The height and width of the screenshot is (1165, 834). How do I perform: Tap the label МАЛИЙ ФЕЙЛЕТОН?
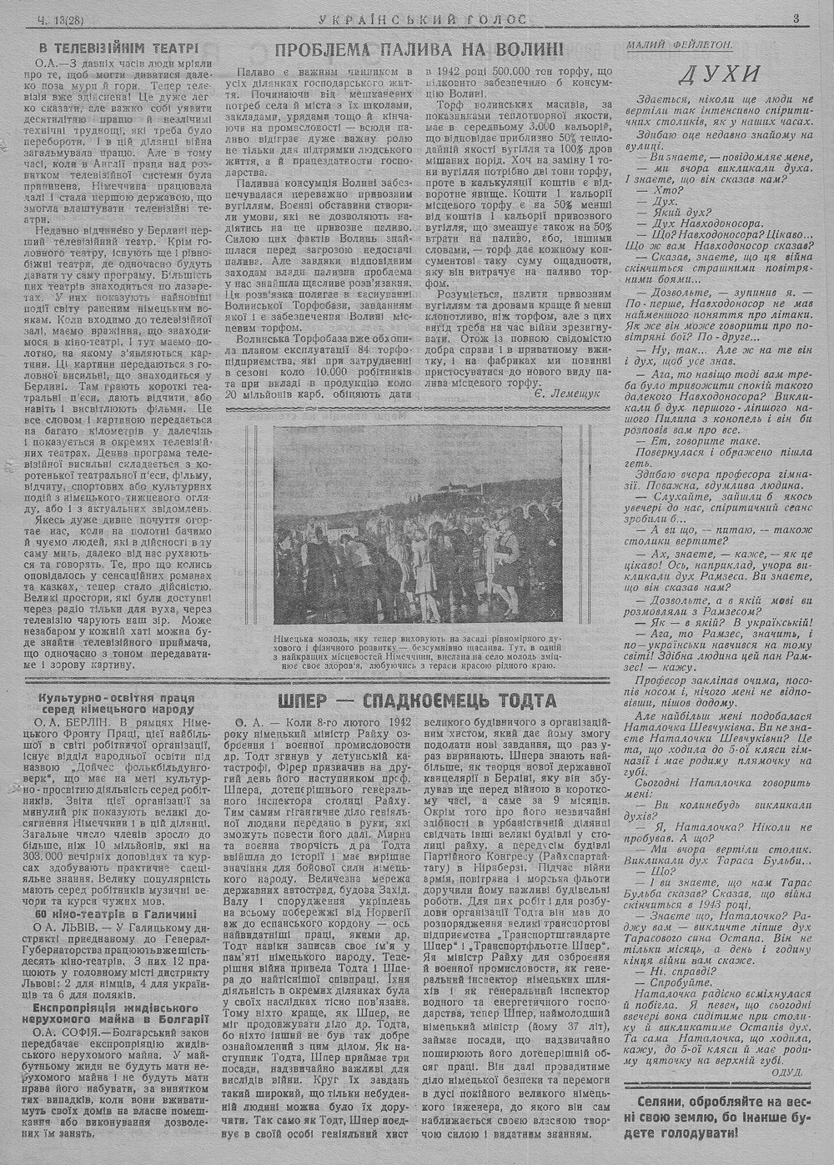tap(677, 42)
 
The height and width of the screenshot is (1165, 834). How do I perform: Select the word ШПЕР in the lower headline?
tap(308, 699)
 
